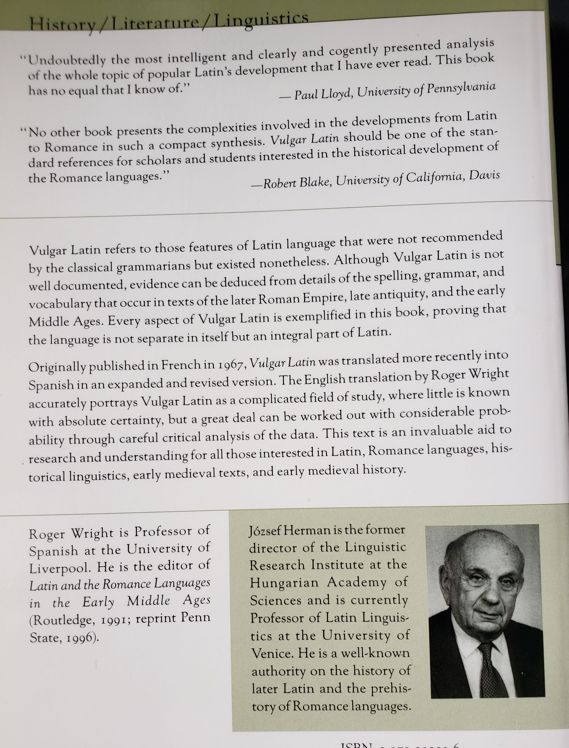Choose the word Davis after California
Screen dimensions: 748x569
click(484, 175)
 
